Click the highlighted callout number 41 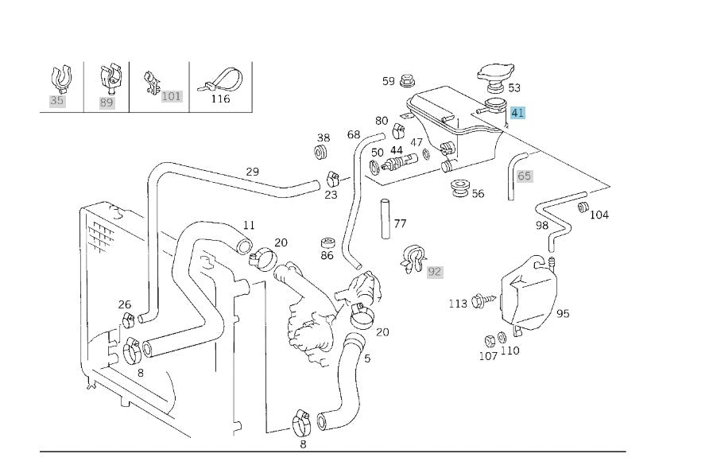(x=517, y=112)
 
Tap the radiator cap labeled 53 (x=496, y=77)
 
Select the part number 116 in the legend (x=220, y=99)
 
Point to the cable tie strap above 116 (x=220, y=80)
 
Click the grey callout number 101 (x=171, y=96)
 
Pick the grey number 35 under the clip (x=57, y=100)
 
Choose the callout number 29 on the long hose (x=252, y=172)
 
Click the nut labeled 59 (x=408, y=81)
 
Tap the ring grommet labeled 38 (x=323, y=153)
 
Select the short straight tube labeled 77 (x=386, y=219)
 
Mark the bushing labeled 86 (x=327, y=242)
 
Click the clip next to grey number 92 (x=413, y=259)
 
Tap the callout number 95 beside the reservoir (x=563, y=314)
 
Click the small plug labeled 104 (x=583, y=207)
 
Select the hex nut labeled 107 (x=490, y=340)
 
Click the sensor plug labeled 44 (x=399, y=163)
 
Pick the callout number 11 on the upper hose (x=249, y=225)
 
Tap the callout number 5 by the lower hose (x=367, y=358)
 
